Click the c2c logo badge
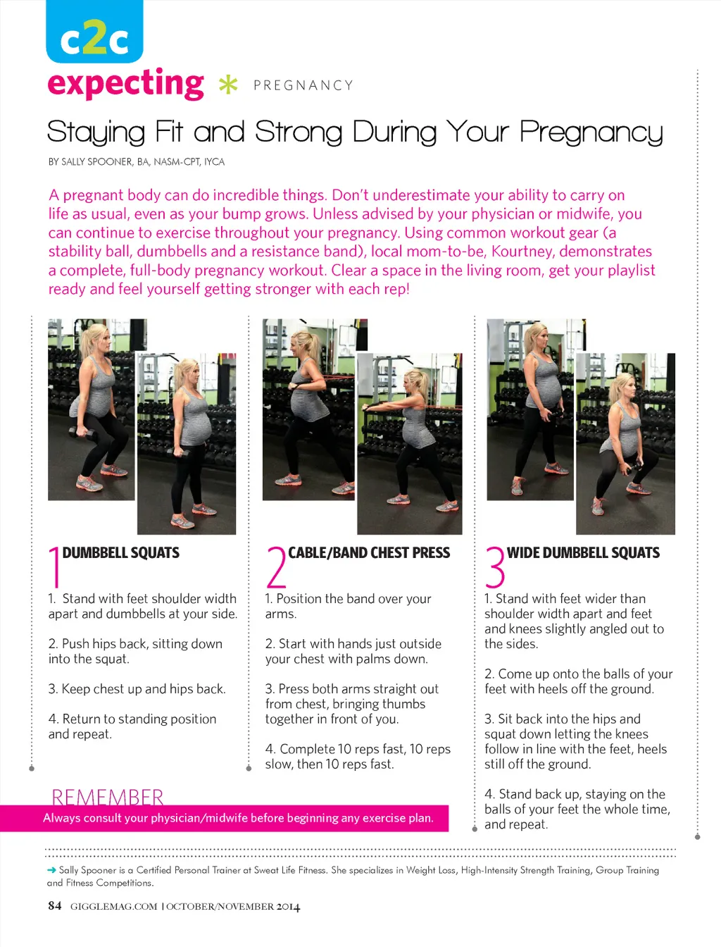click(94, 31)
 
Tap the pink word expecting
click(125, 84)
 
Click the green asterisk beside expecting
click(228, 85)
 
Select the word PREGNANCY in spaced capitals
click(303, 85)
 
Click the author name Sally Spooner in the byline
click(97, 162)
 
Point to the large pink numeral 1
click(55, 567)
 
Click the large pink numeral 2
click(276, 567)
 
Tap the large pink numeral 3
click(495, 567)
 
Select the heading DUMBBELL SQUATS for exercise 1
click(120, 552)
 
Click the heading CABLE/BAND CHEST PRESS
click(369, 552)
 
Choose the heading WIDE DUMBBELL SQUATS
click(583, 552)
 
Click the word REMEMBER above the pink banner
click(107, 797)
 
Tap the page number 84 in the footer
click(55, 905)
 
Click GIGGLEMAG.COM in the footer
click(114, 906)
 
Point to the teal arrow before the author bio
click(51, 870)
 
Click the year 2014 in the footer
click(288, 907)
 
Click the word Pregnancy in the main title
click(591, 132)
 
